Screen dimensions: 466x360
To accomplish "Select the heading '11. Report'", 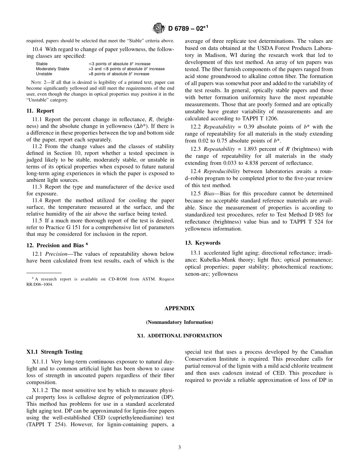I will click(x=40, y=111).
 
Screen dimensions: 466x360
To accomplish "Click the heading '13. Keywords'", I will click(x=202, y=242).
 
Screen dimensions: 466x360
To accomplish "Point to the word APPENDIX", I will click(x=179, y=308).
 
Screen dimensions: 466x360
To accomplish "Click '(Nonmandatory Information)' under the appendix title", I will click(x=179, y=322).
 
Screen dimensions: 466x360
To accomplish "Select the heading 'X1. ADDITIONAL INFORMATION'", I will click(x=179, y=336).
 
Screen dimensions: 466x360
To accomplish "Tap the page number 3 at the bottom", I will click(x=180, y=447).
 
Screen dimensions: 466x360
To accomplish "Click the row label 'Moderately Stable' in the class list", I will click(x=52, y=69).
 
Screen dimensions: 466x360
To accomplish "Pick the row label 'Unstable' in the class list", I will click(x=44, y=74).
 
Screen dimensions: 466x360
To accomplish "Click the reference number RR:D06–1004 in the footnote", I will click(x=39, y=284).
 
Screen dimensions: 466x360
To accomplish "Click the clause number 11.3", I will click(x=37, y=187).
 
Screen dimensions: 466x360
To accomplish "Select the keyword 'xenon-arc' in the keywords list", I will click(x=197, y=274).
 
